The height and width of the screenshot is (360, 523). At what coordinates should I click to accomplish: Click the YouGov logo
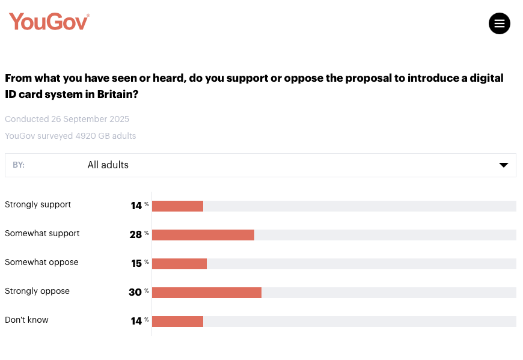[49, 22]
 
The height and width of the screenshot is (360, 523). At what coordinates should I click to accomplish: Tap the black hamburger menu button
[499, 23]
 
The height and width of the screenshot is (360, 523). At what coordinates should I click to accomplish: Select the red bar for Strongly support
[177, 206]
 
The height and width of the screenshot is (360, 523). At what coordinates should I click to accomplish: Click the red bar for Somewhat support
[203, 235]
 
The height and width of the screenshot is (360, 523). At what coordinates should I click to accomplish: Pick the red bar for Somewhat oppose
[179, 264]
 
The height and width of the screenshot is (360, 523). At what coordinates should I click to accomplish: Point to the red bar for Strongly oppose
[207, 293]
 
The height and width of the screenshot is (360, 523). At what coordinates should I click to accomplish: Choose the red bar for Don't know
[177, 322]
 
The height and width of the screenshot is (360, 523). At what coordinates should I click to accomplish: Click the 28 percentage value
[136, 234]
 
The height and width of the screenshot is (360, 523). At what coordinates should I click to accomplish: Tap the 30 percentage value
[135, 292]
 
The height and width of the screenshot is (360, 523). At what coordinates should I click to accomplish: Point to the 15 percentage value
[136, 263]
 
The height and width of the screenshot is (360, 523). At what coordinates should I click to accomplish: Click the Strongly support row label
[38, 204]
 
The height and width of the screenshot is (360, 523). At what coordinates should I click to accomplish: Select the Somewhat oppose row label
[41, 262]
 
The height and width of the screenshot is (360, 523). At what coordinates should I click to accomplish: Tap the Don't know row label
[26, 320]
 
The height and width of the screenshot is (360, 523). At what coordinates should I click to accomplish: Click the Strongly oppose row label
[37, 291]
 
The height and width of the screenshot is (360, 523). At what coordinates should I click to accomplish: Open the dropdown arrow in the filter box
[504, 165]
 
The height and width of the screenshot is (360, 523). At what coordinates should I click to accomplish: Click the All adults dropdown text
[108, 165]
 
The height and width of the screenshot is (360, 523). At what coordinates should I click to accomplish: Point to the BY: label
[19, 165]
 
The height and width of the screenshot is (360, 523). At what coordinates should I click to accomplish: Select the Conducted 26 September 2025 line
[67, 119]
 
